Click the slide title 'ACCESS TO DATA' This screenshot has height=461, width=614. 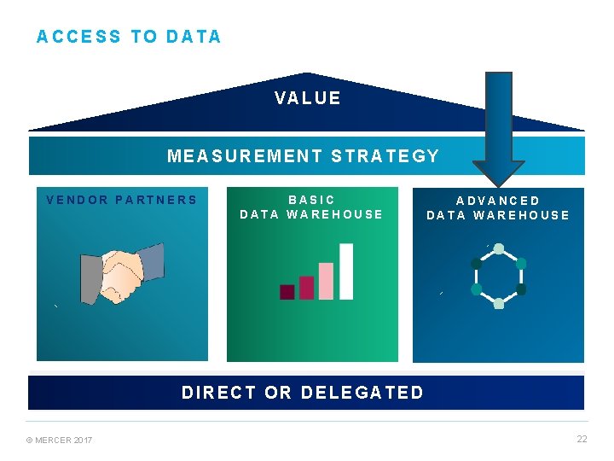pos(129,37)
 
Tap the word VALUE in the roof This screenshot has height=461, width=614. pos(308,98)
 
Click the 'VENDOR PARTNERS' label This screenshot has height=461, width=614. pos(122,201)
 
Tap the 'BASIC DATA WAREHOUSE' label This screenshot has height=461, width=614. pos(311,207)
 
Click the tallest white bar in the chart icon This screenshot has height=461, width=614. pos(345,271)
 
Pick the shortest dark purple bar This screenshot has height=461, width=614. pos(287,292)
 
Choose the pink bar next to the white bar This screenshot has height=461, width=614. pos(326,281)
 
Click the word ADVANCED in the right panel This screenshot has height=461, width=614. pos(498,201)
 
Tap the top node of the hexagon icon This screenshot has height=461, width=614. pos(499,249)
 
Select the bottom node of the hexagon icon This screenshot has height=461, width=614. pos(499,303)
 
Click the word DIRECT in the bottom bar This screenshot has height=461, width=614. pos(218,393)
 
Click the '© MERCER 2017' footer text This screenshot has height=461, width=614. pos(60,440)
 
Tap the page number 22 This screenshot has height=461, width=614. pos(582,439)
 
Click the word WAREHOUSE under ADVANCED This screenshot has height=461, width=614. pos(521,215)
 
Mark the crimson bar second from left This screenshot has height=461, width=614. pos(306,288)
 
